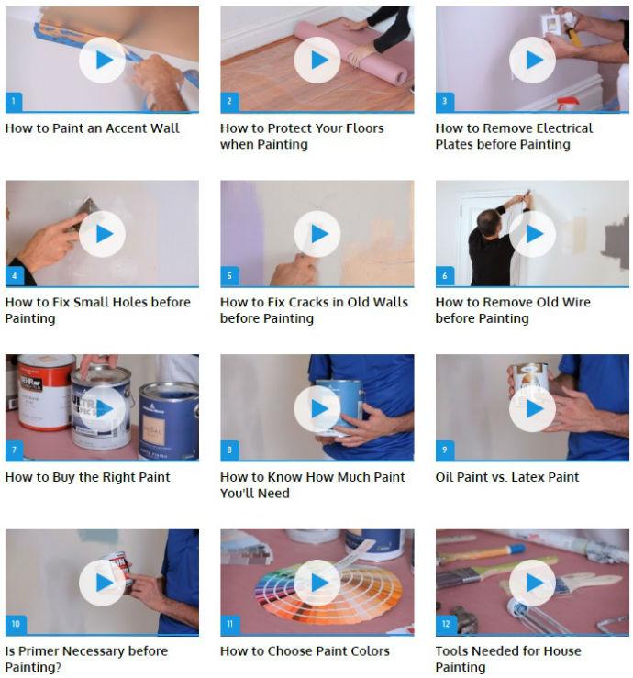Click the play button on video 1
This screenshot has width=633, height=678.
[x=102, y=61]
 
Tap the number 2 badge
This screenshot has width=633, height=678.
[x=229, y=102]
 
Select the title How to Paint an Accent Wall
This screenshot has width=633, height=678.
[x=92, y=128]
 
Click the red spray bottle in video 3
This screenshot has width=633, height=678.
[x=568, y=104]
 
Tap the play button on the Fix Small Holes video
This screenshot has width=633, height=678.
[x=102, y=234]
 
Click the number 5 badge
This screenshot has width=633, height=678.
[x=229, y=276]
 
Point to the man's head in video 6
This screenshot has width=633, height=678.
[x=489, y=221]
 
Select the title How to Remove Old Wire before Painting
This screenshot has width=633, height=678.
[x=513, y=310]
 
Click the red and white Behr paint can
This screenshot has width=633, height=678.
[x=45, y=392]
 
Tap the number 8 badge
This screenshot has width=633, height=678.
[x=229, y=450]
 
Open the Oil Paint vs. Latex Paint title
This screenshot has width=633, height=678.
[x=507, y=477]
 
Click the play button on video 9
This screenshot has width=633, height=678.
[x=532, y=408]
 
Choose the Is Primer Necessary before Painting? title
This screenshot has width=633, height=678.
[x=86, y=659]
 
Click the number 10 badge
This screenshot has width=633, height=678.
[x=16, y=624]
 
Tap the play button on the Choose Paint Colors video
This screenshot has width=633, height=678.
[x=317, y=583]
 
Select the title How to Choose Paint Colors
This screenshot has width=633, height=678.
[x=305, y=650]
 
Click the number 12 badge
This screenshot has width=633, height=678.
[x=446, y=624]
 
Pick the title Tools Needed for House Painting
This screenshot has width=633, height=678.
[x=508, y=659]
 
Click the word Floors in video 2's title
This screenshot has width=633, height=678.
[x=363, y=128]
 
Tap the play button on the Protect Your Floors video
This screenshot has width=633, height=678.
[x=317, y=61]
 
